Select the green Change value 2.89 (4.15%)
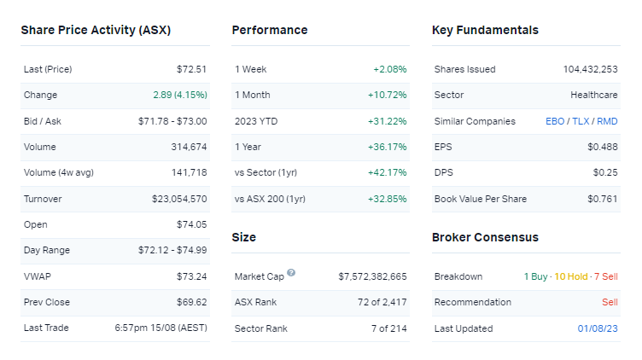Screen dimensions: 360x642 179,95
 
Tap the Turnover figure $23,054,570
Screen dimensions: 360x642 179,199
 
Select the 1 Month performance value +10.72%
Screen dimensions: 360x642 388,95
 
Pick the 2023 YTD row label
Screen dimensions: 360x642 255,121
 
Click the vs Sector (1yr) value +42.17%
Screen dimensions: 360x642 388,173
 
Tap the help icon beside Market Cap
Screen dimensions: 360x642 291,273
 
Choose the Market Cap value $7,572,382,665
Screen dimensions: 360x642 372,276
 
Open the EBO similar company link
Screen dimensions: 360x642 555,121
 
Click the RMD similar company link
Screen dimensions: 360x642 607,121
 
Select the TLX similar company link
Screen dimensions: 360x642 581,121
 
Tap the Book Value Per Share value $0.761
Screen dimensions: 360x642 605,199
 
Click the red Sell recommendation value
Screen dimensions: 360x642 609,302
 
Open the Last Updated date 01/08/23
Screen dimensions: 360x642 598,328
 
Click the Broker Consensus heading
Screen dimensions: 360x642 485,237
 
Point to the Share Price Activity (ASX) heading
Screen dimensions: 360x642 96,30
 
